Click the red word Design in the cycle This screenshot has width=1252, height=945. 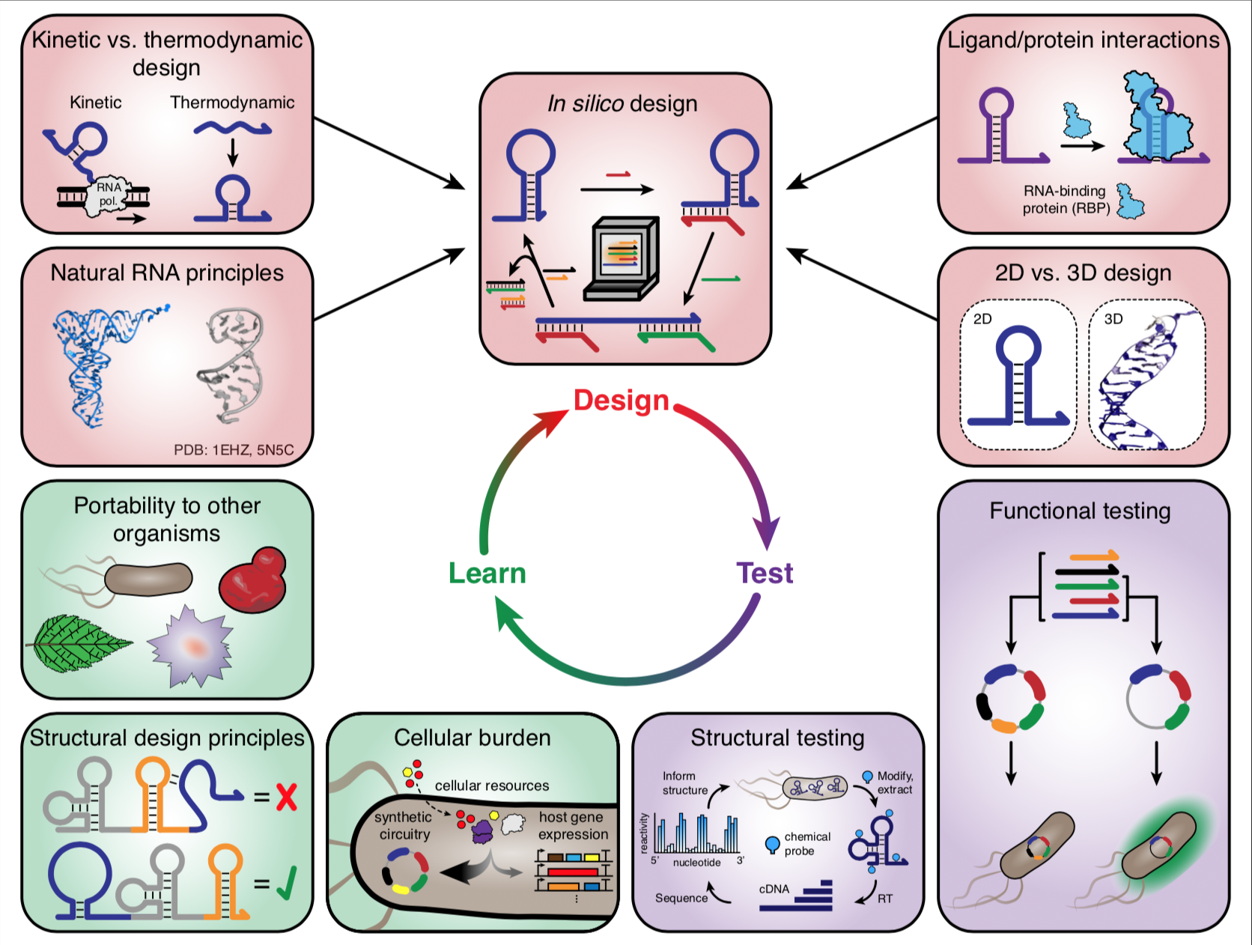coord(621,401)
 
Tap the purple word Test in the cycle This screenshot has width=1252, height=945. coord(765,573)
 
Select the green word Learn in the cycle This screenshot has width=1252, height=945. coord(487,573)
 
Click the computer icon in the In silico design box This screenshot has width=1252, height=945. coord(622,258)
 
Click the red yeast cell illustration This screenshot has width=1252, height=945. coord(253,582)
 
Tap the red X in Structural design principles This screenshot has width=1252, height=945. coord(286,797)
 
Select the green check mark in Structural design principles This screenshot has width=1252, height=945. coord(286,884)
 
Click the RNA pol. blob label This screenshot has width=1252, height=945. coord(109,195)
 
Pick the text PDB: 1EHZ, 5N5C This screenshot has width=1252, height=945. coord(234,450)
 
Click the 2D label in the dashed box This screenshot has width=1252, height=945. coord(982,319)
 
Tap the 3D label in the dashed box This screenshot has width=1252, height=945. coord(1113,319)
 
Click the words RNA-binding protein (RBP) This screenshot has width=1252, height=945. coord(1066,200)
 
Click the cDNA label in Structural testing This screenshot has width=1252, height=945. coord(774,889)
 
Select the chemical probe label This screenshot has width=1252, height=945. coord(806,844)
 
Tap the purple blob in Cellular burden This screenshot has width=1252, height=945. coord(483,830)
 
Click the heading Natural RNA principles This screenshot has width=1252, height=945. coord(167,273)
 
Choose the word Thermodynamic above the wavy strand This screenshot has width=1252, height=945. coord(232,103)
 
